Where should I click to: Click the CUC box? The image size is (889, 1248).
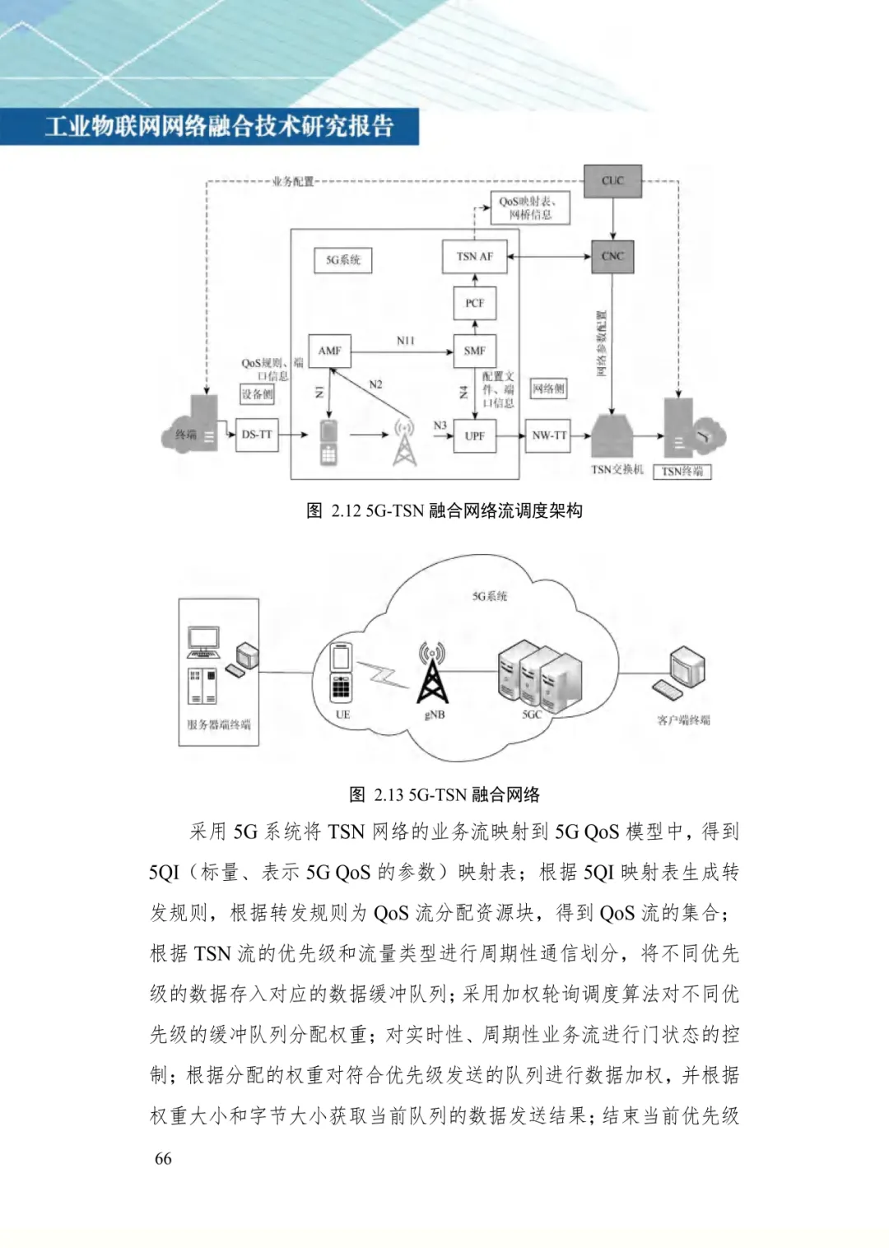click(x=612, y=181)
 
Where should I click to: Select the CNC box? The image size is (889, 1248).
click(x=612, y=256)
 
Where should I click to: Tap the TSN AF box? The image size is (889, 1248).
click(x=475, y=256)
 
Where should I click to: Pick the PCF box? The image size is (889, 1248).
click(x=475, y=303)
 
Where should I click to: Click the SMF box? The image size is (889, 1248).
click(x=475, y=351)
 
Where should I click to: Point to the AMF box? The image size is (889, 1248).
click(x=329, y=351)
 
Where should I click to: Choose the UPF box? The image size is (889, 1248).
click(x=475, y=435)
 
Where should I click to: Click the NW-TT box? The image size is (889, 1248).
click(x=549, y=435)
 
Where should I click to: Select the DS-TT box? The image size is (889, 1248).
click(x=257, y=435)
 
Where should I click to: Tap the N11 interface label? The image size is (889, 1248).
click(x=405, y=341)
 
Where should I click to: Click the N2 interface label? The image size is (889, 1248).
click(x=375, y=384)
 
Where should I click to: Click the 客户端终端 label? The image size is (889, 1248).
click(x=683, y=720)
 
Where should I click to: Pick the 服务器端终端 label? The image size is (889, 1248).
click(x=218, y=724)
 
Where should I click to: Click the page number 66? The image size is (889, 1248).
click(x=163, y=1158)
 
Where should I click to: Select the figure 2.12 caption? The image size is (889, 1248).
click(x=444, y=510)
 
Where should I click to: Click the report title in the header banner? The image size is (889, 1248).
click(x=219, y=127)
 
